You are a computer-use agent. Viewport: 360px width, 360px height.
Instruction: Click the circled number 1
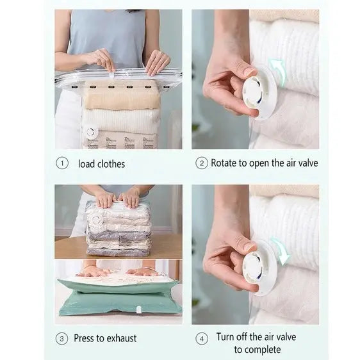pyautogui.click(x=62, y=163)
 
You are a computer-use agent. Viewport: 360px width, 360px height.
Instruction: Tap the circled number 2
pyautogui.click(x=202, y=163)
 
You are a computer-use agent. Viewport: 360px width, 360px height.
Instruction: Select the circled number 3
pyautogui.click(x=62, y=339)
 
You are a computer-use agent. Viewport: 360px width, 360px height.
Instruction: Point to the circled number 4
pyautogui.click(x=202, y=339)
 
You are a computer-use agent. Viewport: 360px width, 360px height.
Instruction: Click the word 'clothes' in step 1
pyautogui.click(x=111, y=164)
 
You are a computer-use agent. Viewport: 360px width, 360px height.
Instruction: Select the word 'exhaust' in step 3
pyautogui.click(x=122, y=338)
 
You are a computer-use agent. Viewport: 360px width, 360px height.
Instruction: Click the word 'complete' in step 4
pyautogui.click(x=258, y=350)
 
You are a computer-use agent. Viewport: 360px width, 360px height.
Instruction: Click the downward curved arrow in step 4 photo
pyautogui.click(x=281, y=250)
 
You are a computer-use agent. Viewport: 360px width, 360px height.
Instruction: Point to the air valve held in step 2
pyautogui.click(x=259, y=92)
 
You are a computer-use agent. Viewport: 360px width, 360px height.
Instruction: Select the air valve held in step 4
pyautogui.click(x=259, y=267)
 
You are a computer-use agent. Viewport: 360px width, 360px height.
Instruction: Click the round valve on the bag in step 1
pyautogui.click(x=91, y=132)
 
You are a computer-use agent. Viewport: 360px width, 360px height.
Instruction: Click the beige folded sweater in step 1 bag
pyautogui.click(x=121, y=95)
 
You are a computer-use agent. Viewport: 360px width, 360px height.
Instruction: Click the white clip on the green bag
pyautogui.click(x=139, y=310)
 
